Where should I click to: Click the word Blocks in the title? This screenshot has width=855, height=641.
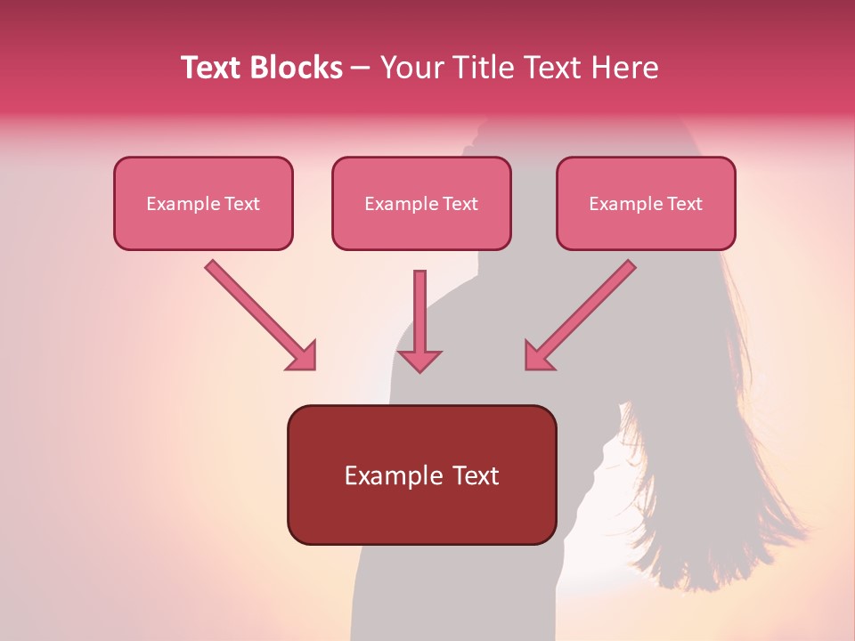[297, 68]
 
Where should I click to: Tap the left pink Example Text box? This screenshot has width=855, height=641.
[203, 203]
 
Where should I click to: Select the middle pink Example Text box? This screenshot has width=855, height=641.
[421, 203]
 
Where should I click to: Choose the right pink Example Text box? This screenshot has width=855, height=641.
[646, 203]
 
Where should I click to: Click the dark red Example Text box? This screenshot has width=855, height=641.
[421, 475]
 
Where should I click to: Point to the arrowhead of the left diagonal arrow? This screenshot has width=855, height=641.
[303, 356]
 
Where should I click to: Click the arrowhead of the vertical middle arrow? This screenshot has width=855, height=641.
[419, 361]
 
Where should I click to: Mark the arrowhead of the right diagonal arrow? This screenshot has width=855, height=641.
[538, 356]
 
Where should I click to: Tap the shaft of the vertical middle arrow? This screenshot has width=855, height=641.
[419, 307]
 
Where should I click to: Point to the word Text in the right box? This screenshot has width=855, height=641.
[684, 204]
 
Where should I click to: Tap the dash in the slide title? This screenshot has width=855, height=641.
[361, 68]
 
